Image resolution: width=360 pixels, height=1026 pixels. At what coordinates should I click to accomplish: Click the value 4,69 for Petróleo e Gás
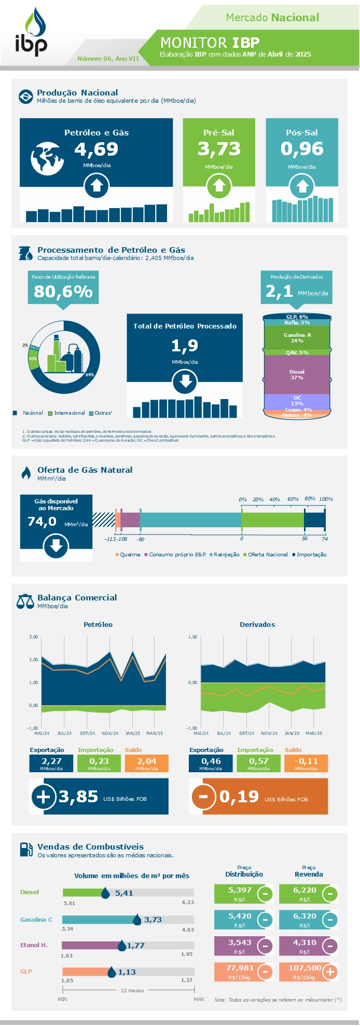[96, 149]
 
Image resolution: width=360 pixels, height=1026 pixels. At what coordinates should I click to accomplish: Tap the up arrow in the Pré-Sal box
[219, 186]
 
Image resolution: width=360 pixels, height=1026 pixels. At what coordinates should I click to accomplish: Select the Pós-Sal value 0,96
[301, 149]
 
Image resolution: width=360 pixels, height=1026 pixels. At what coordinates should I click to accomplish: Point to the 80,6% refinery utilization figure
[63, 292]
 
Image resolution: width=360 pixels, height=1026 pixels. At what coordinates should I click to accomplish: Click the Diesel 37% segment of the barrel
[297, 374]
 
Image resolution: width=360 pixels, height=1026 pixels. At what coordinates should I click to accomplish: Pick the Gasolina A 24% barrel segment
[297, 338]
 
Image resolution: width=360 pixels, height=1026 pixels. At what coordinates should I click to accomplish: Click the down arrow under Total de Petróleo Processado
[185, 382]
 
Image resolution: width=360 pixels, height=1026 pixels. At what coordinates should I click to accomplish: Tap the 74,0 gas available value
[41, 521]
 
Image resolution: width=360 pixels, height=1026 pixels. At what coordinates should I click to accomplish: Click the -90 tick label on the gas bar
[141, 540]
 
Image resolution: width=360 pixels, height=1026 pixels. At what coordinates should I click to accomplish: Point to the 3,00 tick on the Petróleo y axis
[33, 637]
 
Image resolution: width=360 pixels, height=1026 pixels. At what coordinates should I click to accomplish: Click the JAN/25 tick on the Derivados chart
[292, 733]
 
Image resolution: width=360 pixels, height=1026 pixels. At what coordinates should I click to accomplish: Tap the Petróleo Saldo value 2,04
[146, 761]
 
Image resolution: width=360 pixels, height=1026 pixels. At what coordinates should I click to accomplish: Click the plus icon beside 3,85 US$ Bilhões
[43, 797]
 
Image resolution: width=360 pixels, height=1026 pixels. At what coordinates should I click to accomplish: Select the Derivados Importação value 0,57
[258, 761]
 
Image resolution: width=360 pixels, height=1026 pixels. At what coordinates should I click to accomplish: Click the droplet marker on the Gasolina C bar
[137, 920]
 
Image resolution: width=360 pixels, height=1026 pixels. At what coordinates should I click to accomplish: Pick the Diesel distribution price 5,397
[239, 890]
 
